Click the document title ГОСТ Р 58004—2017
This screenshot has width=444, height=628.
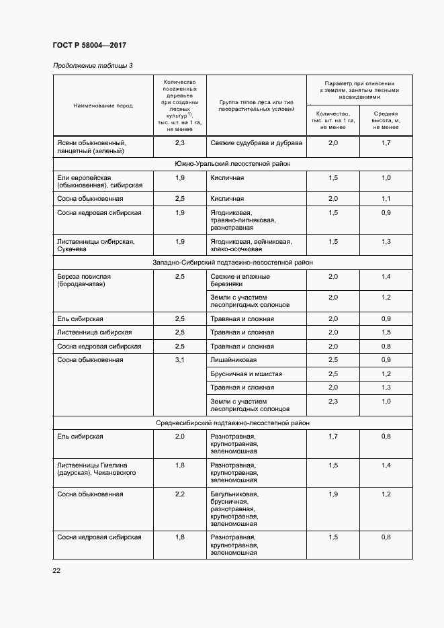click(x=89, y=46)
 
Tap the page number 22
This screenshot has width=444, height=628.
click(x=56, y=570)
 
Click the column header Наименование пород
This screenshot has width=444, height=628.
click(x=103, y=105)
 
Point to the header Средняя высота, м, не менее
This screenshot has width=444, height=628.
click(x=386, y=120)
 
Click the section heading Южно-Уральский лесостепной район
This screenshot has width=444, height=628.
click(x=232, y=163)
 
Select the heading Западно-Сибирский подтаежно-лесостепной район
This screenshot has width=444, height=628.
click(x=232, y=263)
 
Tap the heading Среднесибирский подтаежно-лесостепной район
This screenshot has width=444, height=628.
click(x=232, y=422)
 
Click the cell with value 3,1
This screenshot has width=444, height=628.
click(x=179, y=360)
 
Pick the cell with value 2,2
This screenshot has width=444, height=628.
click(x=179, y=494)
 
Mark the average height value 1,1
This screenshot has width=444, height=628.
click(x=386, y=199)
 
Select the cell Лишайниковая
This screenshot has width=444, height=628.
click(x=233, y=361)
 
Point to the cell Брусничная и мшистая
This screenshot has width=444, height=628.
click(x=246, y=374)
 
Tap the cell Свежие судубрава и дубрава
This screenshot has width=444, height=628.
click(x=256, y=143)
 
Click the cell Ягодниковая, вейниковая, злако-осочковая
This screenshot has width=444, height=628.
click(x=250, y=245)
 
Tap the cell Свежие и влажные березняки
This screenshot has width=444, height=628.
click(x=240, y=281)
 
